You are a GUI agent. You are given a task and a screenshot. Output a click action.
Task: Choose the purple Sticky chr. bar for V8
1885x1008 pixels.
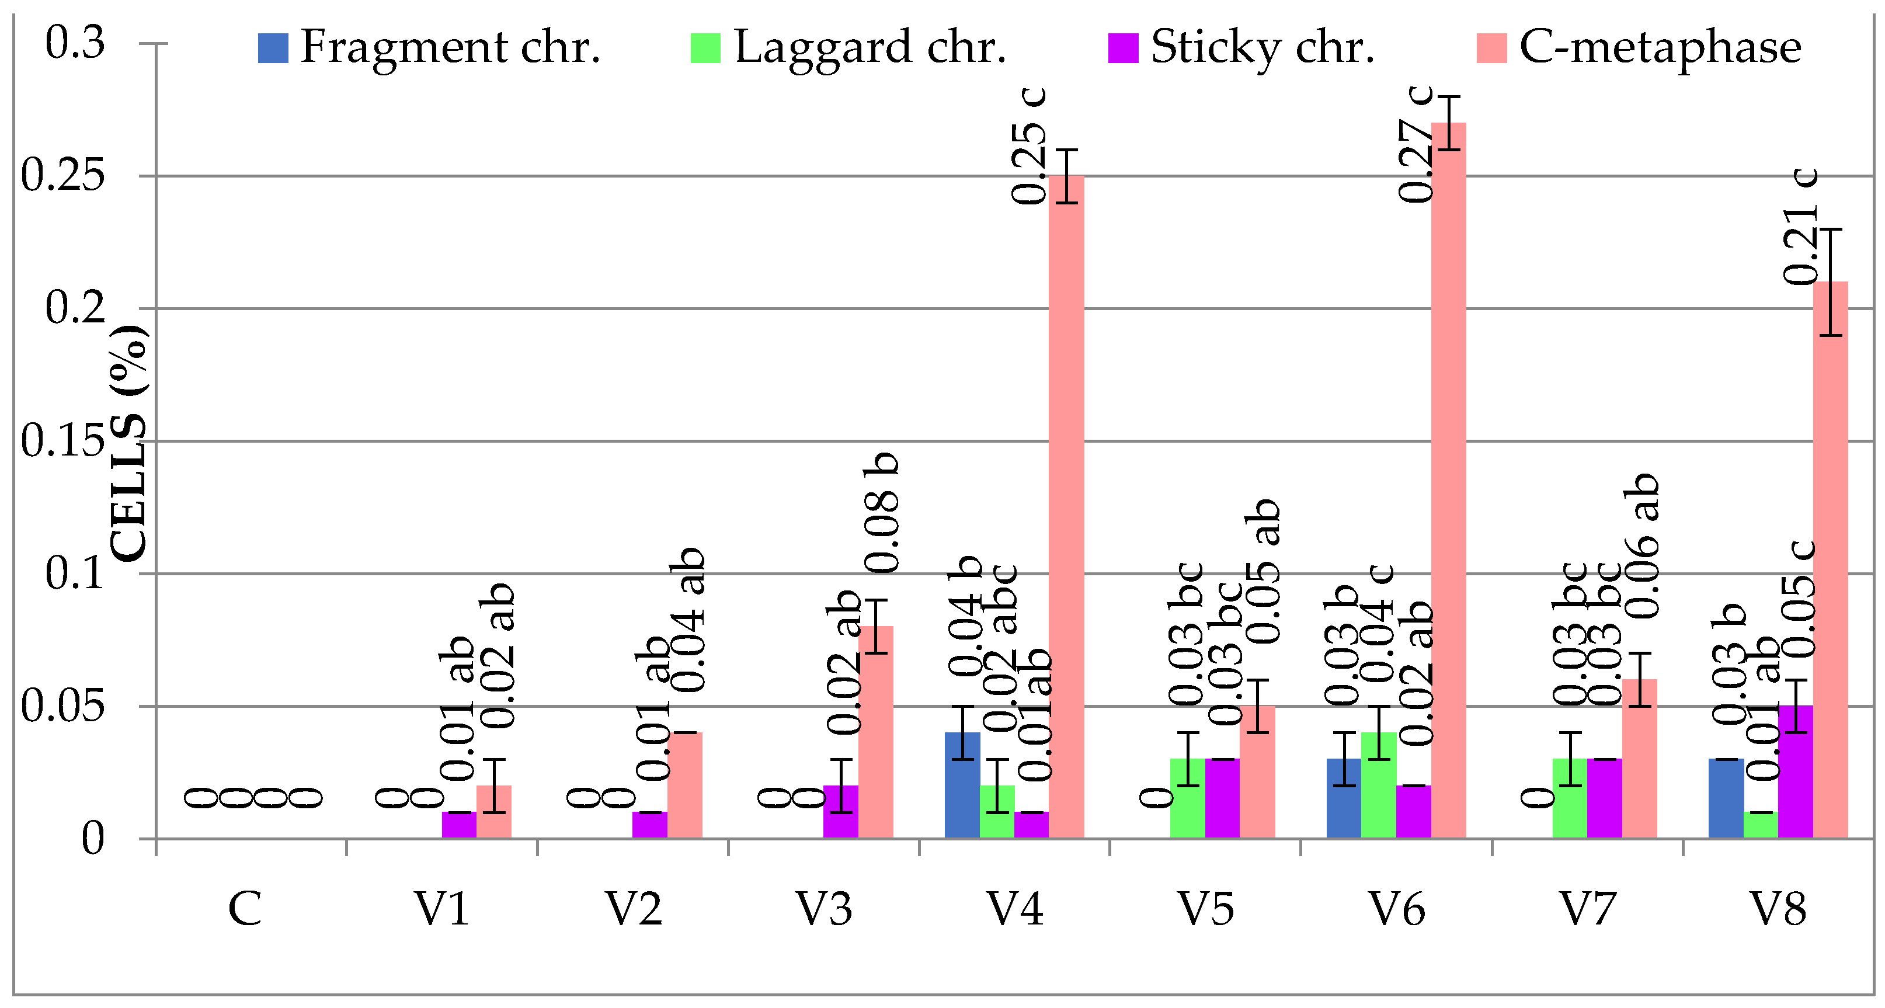click(x=1795, y=771)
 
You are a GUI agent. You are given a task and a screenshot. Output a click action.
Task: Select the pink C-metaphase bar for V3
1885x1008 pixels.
click(x=875, y=732)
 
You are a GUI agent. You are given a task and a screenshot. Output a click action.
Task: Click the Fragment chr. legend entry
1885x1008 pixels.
click(x=430, y=47)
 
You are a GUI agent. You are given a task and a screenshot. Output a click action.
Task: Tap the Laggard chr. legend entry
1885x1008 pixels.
click(x=849, y=47)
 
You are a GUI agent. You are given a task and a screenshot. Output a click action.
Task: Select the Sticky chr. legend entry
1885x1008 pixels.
click(x=1242, y=47)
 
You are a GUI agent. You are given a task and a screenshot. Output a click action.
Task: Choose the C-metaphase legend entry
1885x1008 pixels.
click(x=1639, y=47)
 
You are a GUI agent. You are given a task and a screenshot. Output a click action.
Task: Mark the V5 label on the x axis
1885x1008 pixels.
click(x=1205, y=910)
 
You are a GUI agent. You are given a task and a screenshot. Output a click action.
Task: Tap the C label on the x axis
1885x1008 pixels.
click(x=245, y=910)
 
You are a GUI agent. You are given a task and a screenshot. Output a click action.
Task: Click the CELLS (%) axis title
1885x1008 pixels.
click(x=129, y=443)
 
